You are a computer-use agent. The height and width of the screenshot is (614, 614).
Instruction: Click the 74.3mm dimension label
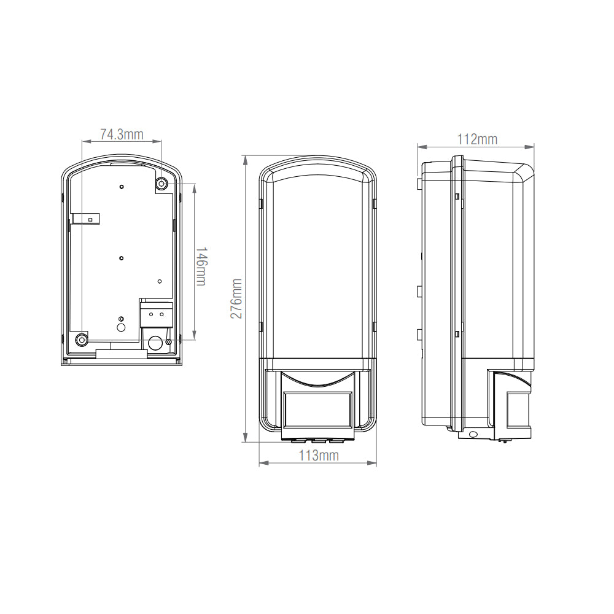(122, 134)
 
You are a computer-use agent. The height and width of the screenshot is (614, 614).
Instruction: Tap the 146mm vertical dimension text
(200, 266)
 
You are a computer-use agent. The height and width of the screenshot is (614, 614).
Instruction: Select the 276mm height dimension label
(236, 298)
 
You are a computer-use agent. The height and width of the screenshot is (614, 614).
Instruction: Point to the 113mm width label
(318, 456)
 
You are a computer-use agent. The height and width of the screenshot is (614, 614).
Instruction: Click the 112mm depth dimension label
(477, 139)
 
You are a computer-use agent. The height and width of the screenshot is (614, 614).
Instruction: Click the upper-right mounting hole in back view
(161, 183)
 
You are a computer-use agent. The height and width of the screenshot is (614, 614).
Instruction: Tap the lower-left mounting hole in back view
(81, 340)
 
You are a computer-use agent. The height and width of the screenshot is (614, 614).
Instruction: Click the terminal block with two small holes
(157, 314)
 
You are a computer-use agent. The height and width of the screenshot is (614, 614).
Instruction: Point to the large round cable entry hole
(155, 343)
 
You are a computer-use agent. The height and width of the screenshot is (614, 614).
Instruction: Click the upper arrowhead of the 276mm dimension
(246, 159)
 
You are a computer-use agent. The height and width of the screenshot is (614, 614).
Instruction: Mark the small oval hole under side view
(473, 435)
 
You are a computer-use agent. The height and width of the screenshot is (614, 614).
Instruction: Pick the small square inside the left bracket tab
(90, 219)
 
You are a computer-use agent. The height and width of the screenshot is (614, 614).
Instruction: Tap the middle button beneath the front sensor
(317, 440)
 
